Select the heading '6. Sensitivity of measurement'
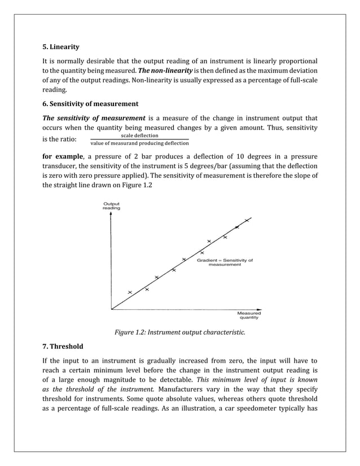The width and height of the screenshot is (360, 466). coord(90,104)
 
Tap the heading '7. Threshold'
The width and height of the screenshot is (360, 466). coord(63,346)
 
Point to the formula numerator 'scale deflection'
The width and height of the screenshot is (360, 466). coord(140,135)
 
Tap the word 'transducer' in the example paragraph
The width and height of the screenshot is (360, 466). coord(62,165)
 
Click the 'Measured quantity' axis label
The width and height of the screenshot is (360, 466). coord(248,315)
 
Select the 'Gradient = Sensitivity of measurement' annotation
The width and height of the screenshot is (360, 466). coord(225,262)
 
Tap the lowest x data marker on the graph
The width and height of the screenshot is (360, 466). coord(130,292)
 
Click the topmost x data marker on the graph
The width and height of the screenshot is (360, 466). coord(247,220)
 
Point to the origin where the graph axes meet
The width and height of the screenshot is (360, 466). coord(112,309)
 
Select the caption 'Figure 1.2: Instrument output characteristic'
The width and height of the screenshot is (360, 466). coord(180,332)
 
